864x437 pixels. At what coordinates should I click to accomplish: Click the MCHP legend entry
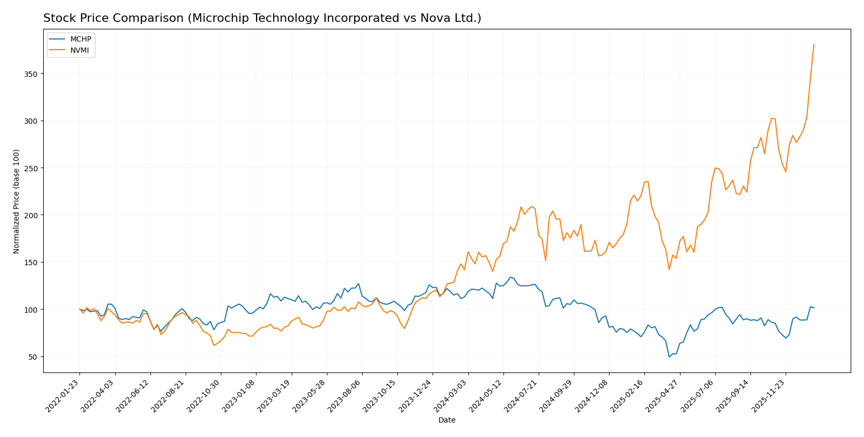point(81,39)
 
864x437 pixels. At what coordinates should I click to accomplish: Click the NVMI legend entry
point(79,51)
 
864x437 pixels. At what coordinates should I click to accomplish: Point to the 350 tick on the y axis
point(32,74)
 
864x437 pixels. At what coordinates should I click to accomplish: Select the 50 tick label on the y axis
point(34,357)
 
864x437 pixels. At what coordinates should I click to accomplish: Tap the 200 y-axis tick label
point(32,215)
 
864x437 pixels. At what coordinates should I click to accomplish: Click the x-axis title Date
point(446,420)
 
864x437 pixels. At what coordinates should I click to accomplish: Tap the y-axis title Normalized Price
point(17,201)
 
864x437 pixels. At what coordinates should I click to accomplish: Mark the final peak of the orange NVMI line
point(814,44)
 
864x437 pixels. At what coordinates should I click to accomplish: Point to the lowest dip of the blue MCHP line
point(669,357)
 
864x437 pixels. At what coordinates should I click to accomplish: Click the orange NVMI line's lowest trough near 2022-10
point(214,345)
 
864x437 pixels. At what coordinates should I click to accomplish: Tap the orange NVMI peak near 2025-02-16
point(647,181)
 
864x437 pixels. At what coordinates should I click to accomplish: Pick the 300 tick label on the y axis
point(32,121)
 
